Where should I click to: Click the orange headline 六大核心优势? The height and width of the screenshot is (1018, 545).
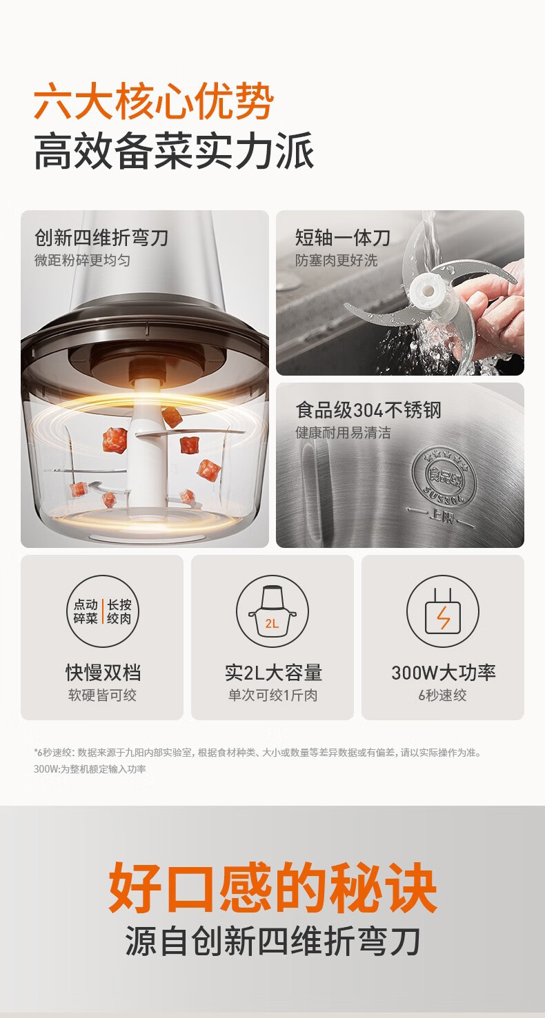click(x=154, y=100)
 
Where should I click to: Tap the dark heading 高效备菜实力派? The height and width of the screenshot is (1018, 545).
click(x=175, y=151)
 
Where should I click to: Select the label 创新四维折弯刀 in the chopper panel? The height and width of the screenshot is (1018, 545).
click(x=101, y=238)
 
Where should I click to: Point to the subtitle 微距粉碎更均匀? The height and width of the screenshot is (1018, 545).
click(x=82, y=261)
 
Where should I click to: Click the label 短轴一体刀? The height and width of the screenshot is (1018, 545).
click(x=343, y=238)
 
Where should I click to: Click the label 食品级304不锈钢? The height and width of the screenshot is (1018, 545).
click(x=368, y=410)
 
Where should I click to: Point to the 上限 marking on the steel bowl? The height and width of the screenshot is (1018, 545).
click(x=441, y=517)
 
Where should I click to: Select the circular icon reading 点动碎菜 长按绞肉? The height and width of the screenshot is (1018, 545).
click(x=102, y=611)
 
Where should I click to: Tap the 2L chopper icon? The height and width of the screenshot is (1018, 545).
click(x=272, y=611)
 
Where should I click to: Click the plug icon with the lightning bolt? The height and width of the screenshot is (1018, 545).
click(x=443, y=611)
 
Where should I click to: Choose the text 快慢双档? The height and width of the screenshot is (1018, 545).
click(x=103, y=673)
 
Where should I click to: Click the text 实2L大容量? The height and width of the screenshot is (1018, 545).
click(x=273, y=673)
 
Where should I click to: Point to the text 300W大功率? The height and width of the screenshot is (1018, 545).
click(x=444, y=673)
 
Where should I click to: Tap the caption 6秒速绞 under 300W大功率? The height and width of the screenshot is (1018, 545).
click(x=443, y=695)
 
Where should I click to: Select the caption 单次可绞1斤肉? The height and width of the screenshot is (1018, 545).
click(x=273, y=695)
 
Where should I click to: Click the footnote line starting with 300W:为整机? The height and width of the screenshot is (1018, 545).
click(x=90, y=769)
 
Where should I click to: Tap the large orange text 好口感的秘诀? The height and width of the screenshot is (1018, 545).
click(x=272, y=887)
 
